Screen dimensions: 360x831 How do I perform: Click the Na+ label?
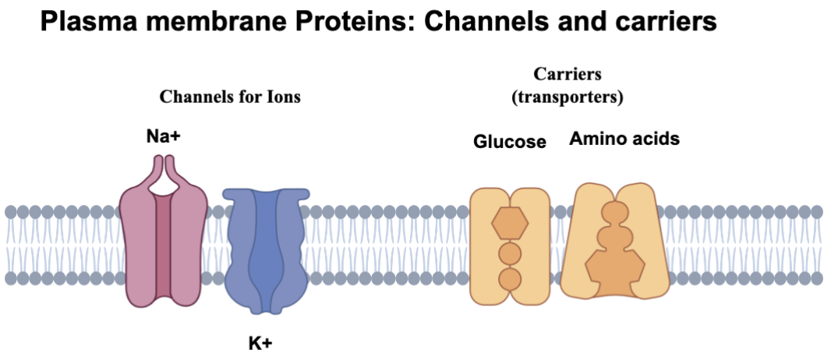coord(163,137)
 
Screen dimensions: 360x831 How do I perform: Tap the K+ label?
coord(260,343)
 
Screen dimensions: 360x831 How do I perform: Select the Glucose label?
coord(509,142)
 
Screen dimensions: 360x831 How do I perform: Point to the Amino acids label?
coord(624,139)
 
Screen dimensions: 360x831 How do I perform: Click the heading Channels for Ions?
coord(230,97)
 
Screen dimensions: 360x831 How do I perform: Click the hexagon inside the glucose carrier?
coord(510,224)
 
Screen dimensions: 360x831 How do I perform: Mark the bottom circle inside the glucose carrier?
coord(510,278)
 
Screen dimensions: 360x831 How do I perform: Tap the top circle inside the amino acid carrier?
coord(613,213)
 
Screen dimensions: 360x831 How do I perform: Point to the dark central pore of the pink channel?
coord(163,249)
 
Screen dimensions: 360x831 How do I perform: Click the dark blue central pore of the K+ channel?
coord(267,249)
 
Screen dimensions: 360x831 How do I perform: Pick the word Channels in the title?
coord(484,23)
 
